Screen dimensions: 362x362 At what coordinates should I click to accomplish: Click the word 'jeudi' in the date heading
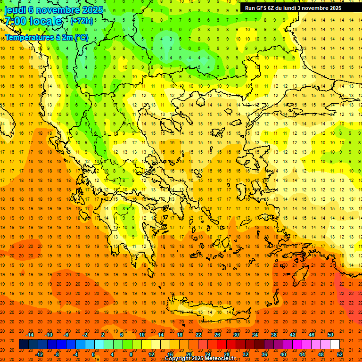[x=15, y=10]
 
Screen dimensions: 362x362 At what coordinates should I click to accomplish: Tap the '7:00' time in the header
[x=15, y=21]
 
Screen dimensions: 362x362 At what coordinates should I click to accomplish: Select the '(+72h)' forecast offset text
[x=82, y=21]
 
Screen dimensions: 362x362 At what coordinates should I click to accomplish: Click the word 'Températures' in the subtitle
[x=25, y=37]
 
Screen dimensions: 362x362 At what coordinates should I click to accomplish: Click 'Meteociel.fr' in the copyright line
[x=217, y=359]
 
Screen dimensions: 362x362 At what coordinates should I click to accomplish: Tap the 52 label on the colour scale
[x=340, y=354]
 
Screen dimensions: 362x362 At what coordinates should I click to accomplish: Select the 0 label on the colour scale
[x=93, y=354]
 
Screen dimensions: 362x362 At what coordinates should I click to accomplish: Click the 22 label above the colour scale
[x=198, y=335]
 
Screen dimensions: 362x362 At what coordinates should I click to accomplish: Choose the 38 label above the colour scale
[x=274, y=335]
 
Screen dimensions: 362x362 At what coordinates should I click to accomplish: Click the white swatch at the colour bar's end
[x=335, y=345]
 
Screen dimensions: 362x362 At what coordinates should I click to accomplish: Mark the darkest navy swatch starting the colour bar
[x=24, y=345]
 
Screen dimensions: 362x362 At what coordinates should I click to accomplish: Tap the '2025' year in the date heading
[x=93, y=10]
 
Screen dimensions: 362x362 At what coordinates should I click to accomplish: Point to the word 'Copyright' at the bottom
[x=180, y=359]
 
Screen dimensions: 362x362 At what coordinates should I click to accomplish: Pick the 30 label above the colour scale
[x=236, y=335]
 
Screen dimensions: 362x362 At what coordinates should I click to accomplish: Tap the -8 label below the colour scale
[x=57, y=354]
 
